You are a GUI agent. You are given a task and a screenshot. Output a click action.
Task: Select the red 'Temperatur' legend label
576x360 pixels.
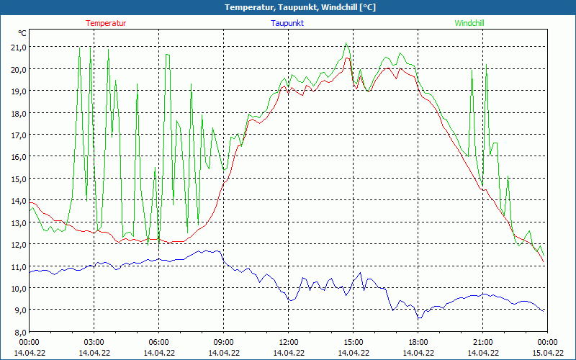coord(106,23)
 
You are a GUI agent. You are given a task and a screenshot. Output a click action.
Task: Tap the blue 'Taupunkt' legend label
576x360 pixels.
coord(288,23)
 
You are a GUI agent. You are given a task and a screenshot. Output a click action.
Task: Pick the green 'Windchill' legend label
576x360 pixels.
coord(469,23)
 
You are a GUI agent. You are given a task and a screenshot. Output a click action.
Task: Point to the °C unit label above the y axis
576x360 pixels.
coord(22,33)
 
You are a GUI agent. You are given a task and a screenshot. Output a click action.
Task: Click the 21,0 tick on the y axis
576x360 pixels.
coord(17,47)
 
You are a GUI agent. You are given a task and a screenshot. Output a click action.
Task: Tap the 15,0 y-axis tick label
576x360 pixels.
coord(17,179)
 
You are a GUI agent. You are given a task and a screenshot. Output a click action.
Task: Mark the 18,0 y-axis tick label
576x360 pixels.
coord(17,113)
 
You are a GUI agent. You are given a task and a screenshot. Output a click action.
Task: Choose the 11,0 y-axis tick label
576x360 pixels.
coord(17,266)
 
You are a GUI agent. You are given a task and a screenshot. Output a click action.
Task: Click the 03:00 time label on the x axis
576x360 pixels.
coord(94,342)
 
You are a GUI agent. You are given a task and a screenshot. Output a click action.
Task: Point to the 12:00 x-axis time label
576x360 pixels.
coord(289,342)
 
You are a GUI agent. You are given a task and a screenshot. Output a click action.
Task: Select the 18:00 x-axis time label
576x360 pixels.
coord(418,342)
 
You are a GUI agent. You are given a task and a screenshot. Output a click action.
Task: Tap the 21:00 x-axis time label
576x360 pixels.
coord(483,342)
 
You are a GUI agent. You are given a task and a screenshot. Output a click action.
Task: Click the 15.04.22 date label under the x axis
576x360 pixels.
coord(548,353)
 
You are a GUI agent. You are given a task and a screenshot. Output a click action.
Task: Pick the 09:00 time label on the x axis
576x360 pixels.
coord(224,342)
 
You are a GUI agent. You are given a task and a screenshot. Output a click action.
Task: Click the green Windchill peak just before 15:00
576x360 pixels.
coord(346,44)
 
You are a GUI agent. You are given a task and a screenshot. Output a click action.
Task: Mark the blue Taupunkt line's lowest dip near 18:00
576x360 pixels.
coord(418,318)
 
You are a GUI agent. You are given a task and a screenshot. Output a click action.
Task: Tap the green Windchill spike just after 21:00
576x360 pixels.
coord(487,65)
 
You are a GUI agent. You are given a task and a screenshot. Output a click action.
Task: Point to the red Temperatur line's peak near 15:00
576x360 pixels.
coord(347,58)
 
